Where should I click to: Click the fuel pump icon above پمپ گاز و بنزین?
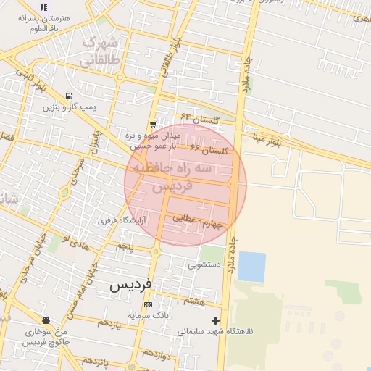[68, 96]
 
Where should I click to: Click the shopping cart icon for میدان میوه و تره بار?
[152, 125]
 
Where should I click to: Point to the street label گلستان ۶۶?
[209, 149]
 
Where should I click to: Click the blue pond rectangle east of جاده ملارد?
[251, 266]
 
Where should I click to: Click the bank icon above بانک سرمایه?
[149, 304]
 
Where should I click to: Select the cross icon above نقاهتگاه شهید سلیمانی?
[214, 320]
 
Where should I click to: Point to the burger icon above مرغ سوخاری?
[46, 320]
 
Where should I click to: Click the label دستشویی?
[204, 265]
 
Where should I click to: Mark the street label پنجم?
[125, 247]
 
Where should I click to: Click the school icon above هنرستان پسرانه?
[43, 7]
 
